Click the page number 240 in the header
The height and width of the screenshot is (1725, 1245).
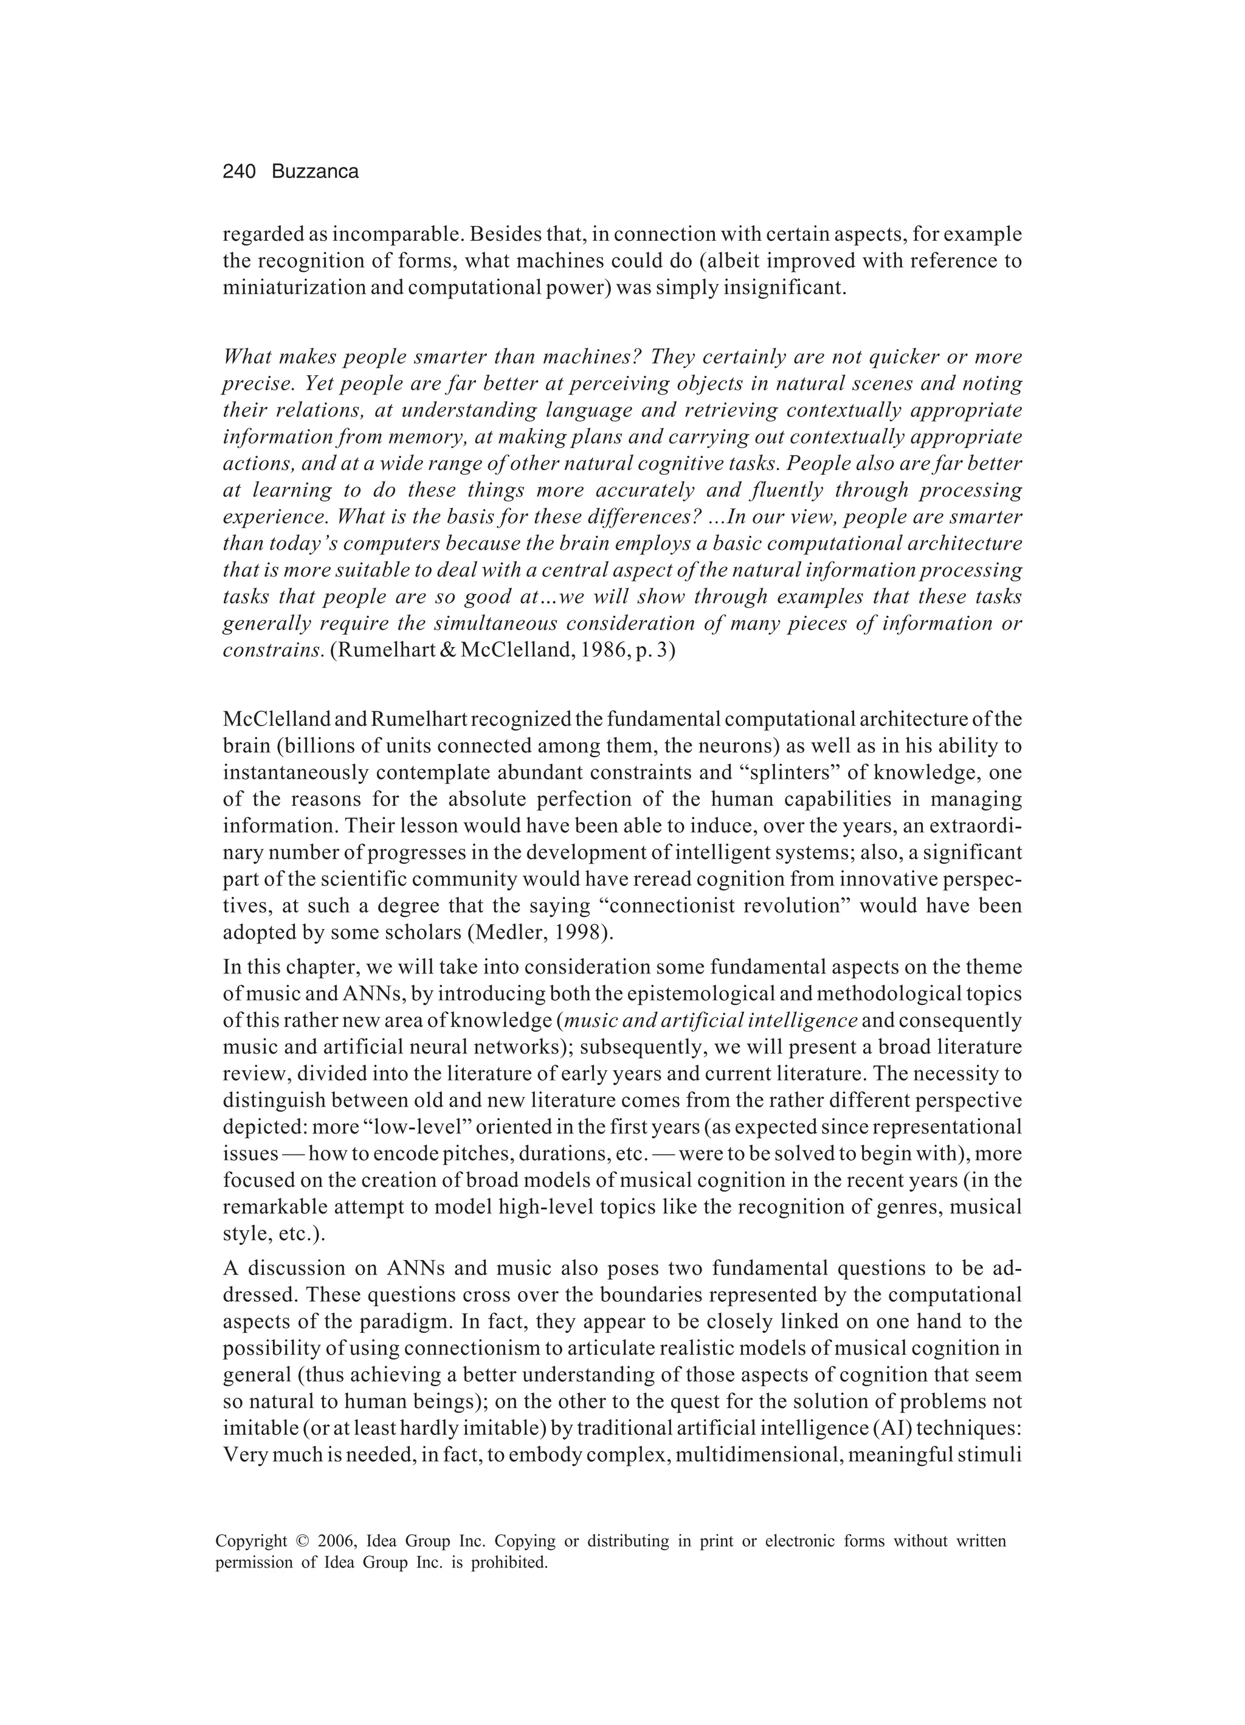(239, 173)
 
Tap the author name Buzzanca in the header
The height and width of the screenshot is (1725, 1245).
(315, 173)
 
